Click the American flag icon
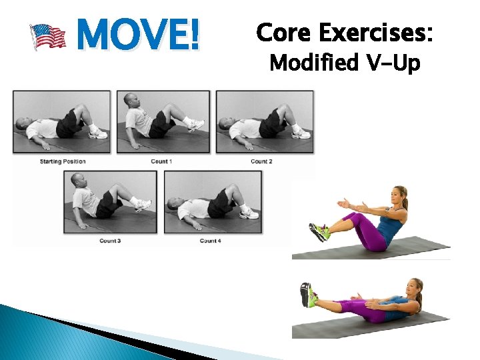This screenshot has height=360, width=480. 48,37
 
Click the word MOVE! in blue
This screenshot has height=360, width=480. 138,35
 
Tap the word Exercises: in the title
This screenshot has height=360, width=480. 377,32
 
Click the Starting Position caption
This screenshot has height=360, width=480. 63,161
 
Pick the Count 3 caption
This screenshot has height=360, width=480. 110,240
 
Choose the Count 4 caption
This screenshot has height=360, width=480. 209,240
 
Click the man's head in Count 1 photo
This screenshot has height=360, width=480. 131,101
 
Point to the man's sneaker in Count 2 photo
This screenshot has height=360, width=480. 301,133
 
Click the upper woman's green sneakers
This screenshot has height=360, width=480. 318,232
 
